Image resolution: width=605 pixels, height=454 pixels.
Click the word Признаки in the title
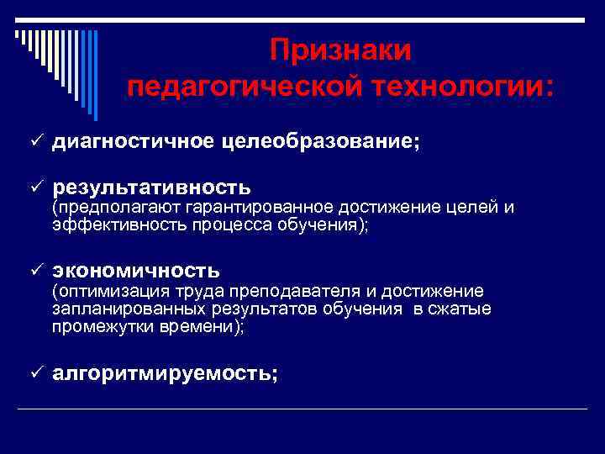340,50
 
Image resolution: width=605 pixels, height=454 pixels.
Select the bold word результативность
151,185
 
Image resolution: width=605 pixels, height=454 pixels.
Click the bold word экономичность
136,270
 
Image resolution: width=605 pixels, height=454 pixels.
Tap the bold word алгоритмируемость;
165,374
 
